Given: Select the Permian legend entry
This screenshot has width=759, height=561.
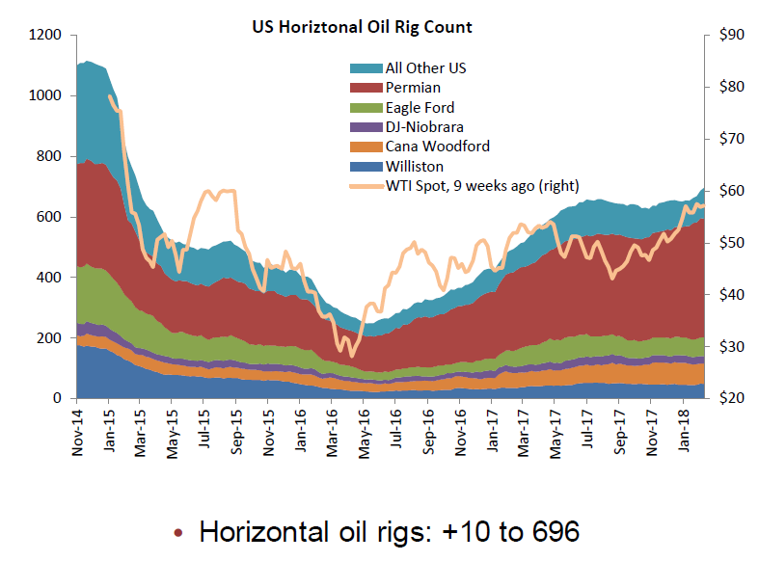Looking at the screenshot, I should click(x=413, y=88).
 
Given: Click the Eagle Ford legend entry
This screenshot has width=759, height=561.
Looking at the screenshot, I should click(x=420, y=107).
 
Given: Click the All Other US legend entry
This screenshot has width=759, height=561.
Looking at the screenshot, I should click(x=425, y=67).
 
